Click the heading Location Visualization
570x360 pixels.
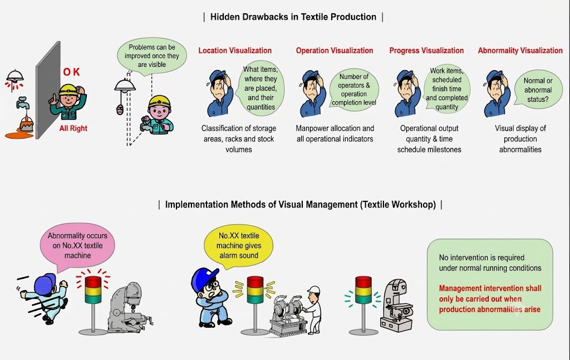[235, 51]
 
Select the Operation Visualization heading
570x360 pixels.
[335, 51]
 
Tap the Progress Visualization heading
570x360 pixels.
[426, 51]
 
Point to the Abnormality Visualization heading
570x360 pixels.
[520, 51]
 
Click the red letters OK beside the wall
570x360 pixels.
[71, 72]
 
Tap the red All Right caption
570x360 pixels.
[73, 128]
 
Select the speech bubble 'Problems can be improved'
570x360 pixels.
[151, 56]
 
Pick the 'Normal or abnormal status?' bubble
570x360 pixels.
[538, 90]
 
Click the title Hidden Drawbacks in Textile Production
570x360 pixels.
[293, 17]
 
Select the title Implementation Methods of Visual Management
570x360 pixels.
[300, 205]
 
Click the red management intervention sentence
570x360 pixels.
[490, 299]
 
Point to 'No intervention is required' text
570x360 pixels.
[490, 263]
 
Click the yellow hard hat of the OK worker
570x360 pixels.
[68, 90]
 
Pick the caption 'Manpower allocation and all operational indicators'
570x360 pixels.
[335, 134]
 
